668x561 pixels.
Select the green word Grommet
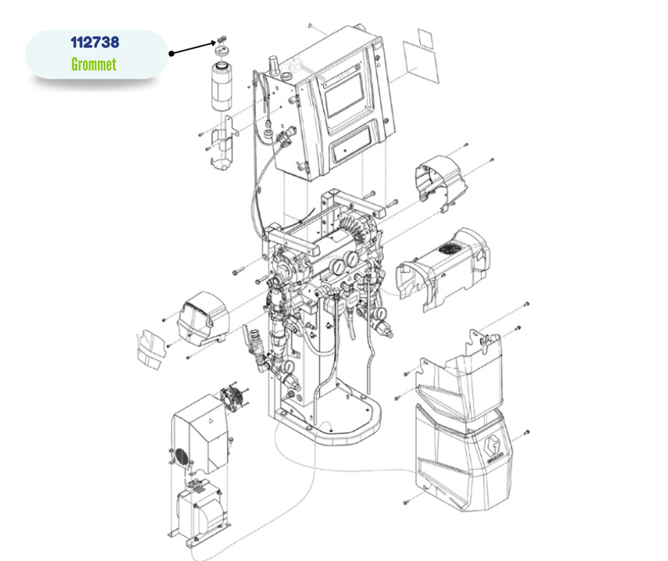(94, 64)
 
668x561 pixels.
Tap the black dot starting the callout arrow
(171, 54)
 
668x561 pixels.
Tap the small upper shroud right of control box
(441, 180)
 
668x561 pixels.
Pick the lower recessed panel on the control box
(355, 150)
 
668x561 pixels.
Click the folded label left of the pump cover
(150, 348)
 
